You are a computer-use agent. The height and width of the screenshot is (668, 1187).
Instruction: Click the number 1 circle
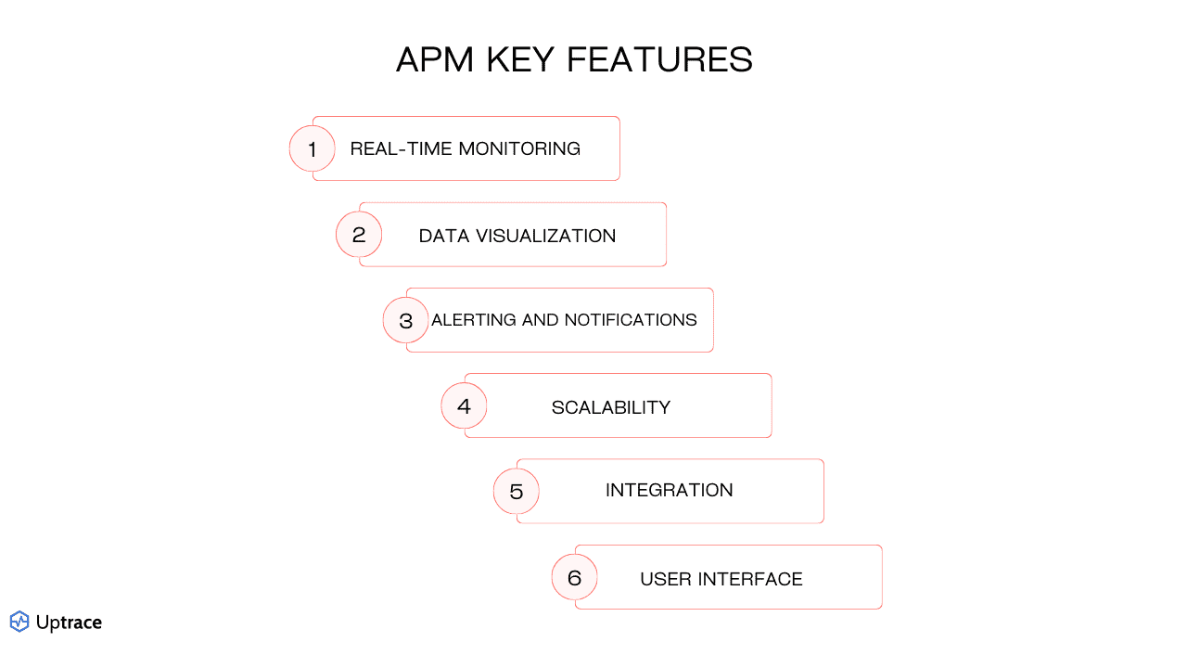[x=313, y=148]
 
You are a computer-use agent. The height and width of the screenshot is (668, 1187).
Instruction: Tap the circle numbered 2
[x=359, y=235]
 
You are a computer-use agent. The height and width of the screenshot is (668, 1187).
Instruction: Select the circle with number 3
[x=406, y=320]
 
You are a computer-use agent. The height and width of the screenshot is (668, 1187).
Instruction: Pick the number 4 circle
[x=464, y=406]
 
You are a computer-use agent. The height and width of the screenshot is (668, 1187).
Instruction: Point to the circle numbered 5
[x=517, y=491]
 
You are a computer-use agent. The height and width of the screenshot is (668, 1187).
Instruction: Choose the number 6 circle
[x=575, y=578]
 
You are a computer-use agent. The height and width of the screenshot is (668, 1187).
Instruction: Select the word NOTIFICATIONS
[x=630, y=320]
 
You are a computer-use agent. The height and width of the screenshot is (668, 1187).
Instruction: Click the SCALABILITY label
[x=611, y=407]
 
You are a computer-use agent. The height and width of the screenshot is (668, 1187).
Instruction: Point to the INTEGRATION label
[x=670, y=490]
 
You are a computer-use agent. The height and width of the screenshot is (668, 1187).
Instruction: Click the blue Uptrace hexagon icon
[x=19, y=622]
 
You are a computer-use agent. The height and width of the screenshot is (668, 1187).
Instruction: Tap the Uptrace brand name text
[x=69, y=623]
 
